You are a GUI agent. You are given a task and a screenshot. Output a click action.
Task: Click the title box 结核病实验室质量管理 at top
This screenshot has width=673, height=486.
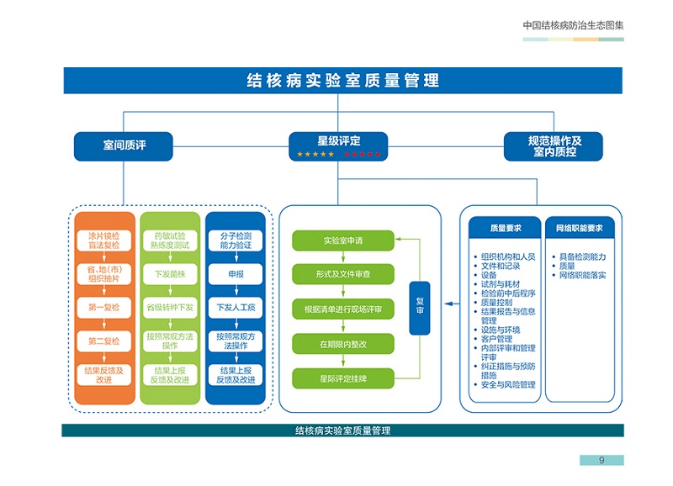pos(342,82)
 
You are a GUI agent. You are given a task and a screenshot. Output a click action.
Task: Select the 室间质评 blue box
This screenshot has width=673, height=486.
pos(123,146)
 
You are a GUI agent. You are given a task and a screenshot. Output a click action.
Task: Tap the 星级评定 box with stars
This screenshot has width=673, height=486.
pos(339,145)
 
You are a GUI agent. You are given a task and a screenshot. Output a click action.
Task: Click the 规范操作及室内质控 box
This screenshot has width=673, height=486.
pos(554,146)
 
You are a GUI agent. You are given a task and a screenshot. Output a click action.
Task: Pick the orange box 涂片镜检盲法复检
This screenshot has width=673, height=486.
pos(104,241)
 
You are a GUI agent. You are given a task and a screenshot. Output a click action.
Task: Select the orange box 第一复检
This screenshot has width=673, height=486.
pos(104,308)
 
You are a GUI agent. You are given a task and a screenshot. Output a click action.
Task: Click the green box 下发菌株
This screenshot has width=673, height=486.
pos(169,274)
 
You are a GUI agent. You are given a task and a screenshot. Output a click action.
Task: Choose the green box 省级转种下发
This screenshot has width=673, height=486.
pos(169,308)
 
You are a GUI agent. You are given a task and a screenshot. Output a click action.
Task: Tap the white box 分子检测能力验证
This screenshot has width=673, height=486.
pos(236,241)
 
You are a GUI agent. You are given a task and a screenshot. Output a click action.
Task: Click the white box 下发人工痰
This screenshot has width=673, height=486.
pos(236,308)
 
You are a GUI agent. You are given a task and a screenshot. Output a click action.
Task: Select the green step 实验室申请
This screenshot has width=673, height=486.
pos(342,241)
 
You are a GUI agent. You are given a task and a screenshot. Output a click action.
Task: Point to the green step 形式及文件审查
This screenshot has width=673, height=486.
pos(342,275)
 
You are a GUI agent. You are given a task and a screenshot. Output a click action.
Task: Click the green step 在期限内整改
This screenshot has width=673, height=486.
pos(342,344)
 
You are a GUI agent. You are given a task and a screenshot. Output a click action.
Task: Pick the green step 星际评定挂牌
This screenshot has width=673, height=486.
pos(342,378)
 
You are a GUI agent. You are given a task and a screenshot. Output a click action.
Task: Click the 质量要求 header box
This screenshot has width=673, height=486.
pos(506,228)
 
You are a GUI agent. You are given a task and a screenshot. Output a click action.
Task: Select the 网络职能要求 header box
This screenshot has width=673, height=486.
pos(579,228)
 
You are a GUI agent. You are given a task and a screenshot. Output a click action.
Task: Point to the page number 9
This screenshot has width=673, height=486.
pos(601,460)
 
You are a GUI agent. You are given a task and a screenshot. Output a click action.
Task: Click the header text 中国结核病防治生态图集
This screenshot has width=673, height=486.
pos(573,25)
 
